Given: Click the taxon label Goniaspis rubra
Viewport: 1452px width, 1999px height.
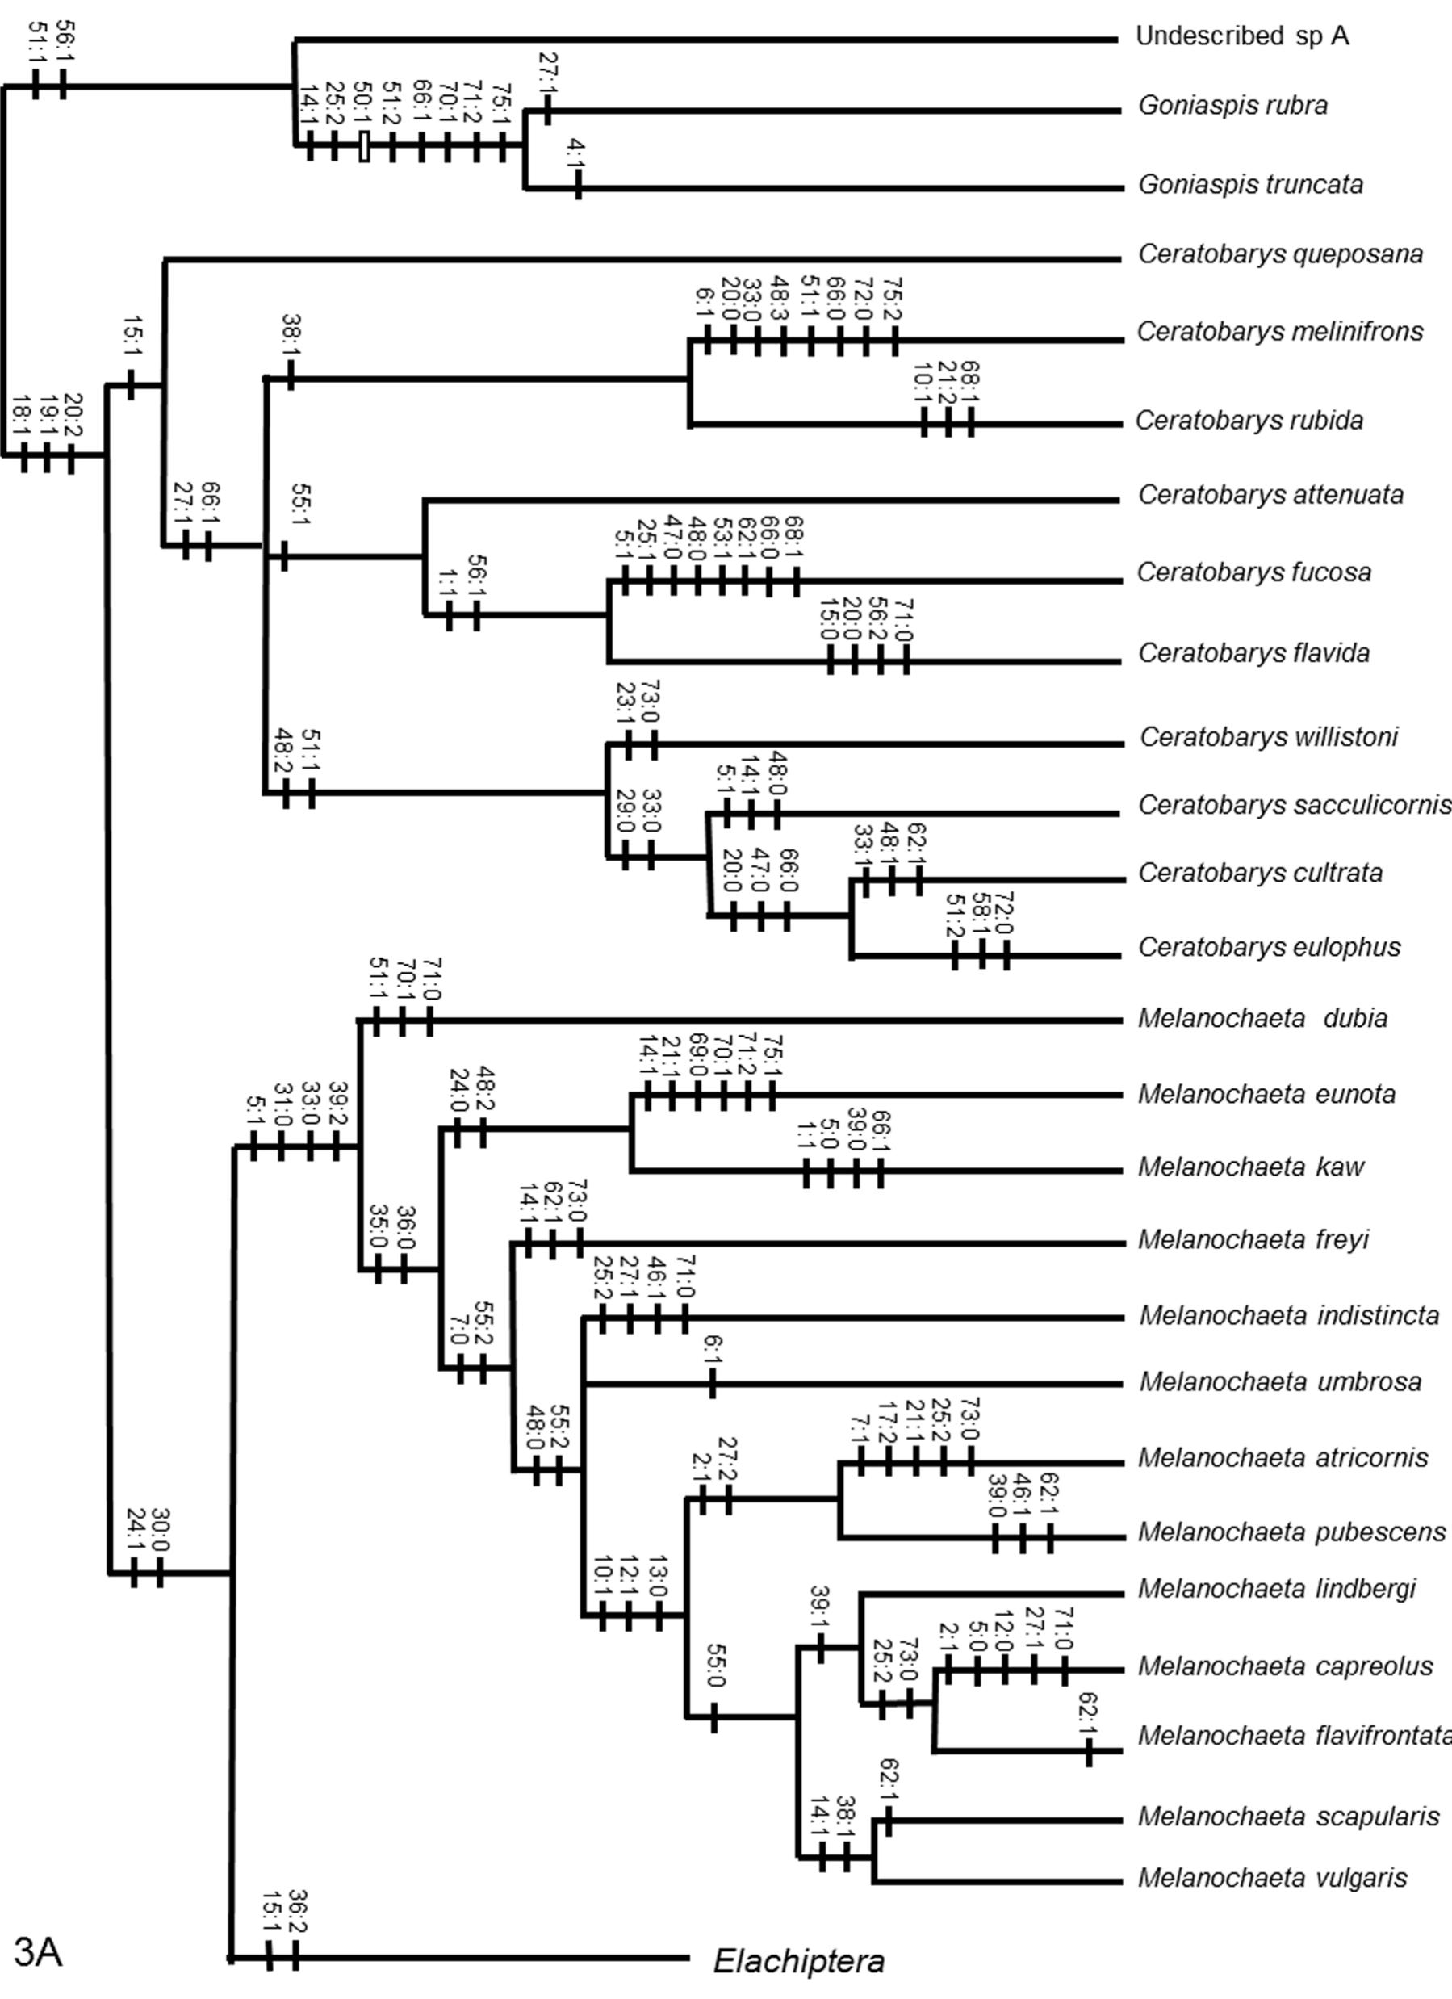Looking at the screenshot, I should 1232,106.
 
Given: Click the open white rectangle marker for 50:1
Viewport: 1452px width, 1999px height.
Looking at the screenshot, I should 364,147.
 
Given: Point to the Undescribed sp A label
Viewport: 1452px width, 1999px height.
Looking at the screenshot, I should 1241,36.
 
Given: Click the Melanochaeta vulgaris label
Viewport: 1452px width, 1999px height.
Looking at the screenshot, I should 1272,1877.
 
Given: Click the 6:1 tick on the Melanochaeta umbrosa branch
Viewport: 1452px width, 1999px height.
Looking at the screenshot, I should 713,1384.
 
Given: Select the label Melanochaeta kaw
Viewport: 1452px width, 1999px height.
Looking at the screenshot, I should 1250,1167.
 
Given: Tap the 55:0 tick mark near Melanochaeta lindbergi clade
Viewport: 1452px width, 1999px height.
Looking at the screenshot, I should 713,1717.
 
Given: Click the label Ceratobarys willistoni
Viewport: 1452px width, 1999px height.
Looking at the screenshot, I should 1269,737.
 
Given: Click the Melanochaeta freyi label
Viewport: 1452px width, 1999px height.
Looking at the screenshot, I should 1253,1239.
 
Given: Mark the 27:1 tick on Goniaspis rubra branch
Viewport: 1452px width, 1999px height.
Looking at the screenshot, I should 547,110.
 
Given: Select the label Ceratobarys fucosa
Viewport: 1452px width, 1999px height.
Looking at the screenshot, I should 1253,573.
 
